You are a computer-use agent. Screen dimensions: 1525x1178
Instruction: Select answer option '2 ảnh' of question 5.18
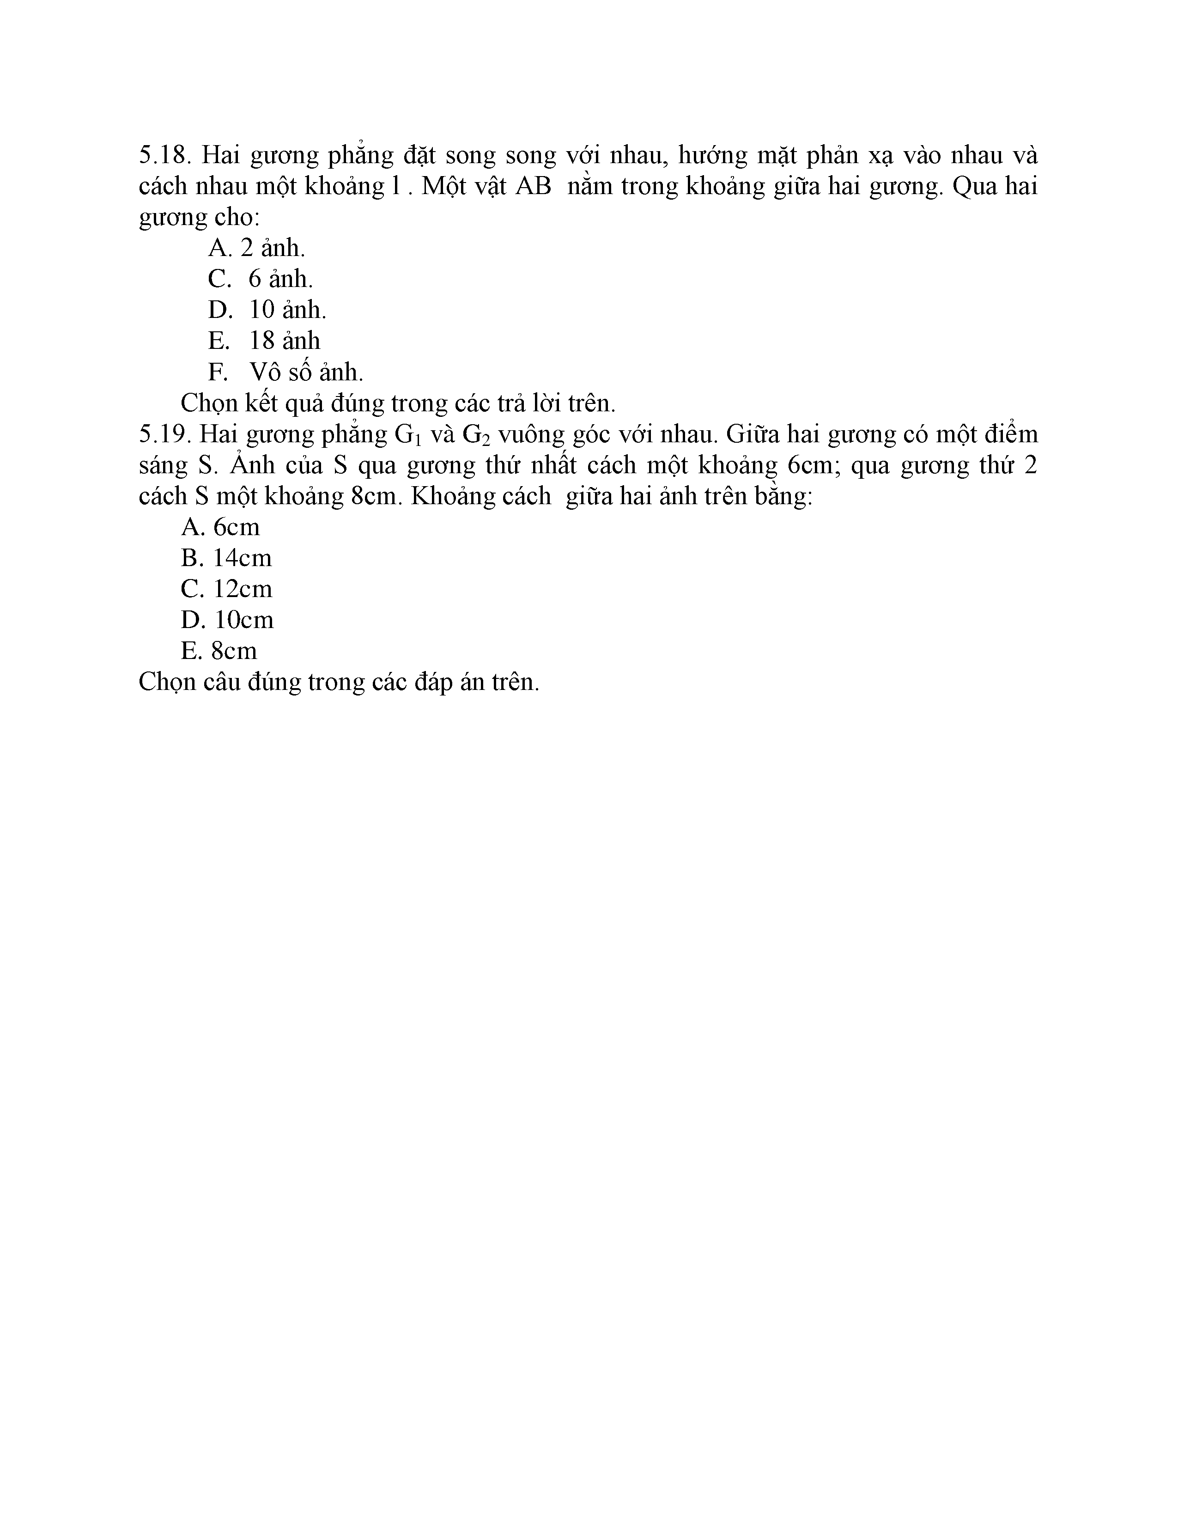pyautogui.click(x=256, y=248)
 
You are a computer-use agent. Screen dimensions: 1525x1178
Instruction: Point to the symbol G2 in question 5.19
pyautogui.click(x=477, y=435)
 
